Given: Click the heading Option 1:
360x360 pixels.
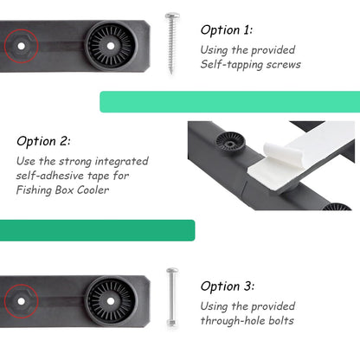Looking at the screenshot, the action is pyautogui.click(x=227, y=30).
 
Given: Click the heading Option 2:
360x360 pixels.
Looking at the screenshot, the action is pyautogui.click(x=43, y=141).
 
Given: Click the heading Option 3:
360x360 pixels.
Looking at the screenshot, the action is pyautogui.click(x=228, y=286).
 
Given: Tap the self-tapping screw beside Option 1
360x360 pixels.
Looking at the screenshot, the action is pyautogui.click(x=172, y=43).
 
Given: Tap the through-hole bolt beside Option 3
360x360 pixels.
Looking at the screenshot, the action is pyautogui.click(x=172, y=298).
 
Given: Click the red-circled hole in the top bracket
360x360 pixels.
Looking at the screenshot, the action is pyautogui.click(x=21, y=46).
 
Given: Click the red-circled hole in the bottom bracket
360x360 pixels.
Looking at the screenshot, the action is pyautogui.click(x=21, y=301).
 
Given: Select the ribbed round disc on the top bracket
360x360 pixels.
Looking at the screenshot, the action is pyautogui.click(x=111, y=46).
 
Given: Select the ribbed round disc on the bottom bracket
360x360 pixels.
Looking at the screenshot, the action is pyautogui.click(x=111, y=301).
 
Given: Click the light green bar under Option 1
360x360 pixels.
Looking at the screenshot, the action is pyautogui.click(x=230, y=102).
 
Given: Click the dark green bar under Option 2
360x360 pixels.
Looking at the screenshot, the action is pyautogui.click(x=98, y=230).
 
